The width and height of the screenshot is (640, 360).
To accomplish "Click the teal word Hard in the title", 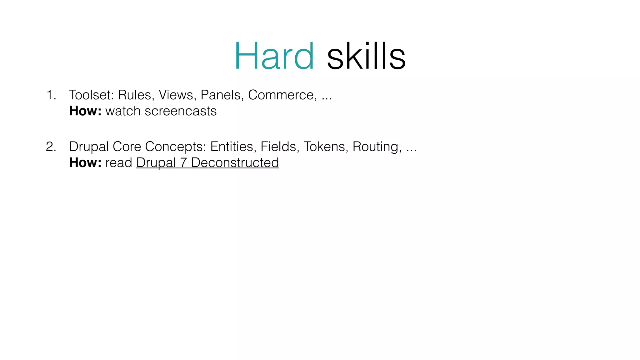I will [274, 57].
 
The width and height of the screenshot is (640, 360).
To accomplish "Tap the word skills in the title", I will [366, 57].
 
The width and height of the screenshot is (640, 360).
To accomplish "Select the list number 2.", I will [51, 147].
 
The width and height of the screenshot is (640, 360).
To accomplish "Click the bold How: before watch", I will [85, 111].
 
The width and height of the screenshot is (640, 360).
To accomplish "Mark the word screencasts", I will [181, 111].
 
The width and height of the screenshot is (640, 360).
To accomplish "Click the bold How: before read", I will [85, 162].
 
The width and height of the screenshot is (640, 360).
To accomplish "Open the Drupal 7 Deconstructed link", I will [207, 162].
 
